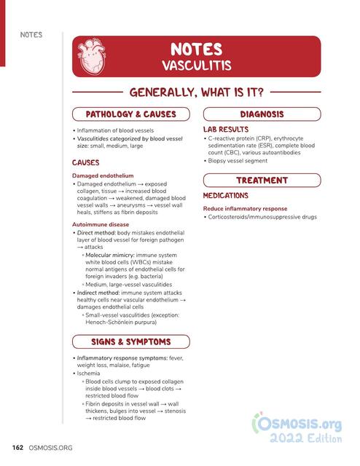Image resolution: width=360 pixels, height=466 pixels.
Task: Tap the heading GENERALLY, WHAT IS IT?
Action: (x=196, y=92)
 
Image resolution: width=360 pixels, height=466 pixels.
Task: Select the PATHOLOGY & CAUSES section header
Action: (x=131, y=114)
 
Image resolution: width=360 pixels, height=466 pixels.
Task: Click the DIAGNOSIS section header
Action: (x=262, y=114)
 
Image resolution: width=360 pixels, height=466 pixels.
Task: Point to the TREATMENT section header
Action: (x=262, y=180)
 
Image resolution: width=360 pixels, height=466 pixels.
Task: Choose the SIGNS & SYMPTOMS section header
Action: (x=131, y=341)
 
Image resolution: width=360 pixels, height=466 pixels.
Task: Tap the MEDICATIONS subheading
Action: (x=226, y=196)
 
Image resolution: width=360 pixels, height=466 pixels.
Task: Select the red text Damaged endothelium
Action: (x=103, y=175)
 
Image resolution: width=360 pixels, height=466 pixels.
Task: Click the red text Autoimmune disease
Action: (x=101, y=225)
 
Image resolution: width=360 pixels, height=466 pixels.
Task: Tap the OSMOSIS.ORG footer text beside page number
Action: (x=52, y=446)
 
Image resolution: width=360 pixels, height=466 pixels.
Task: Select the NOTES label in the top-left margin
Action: (x=31, y=35)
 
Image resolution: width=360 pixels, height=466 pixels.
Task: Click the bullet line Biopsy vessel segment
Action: (x=241, y=160)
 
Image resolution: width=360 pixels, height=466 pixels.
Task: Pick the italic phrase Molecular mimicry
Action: (x=110, y=256)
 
